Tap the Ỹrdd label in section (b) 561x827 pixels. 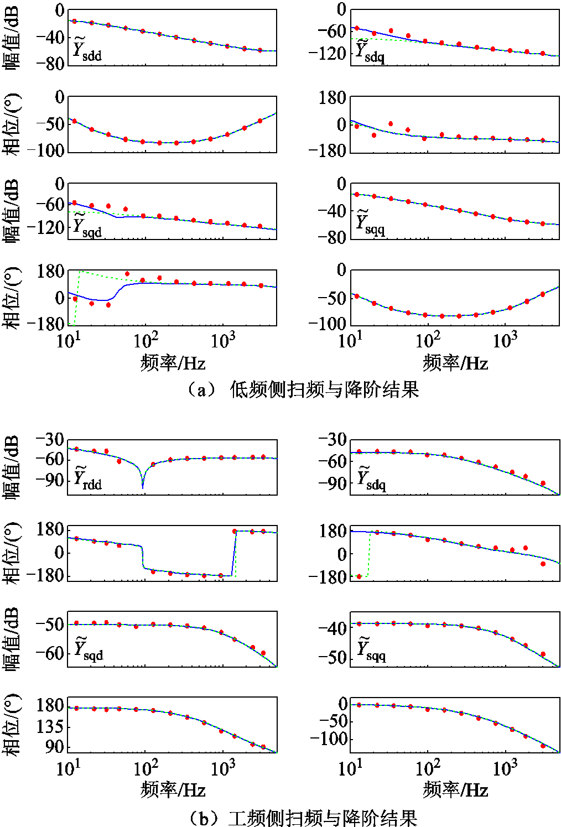87,479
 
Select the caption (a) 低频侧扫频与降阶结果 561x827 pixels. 302,390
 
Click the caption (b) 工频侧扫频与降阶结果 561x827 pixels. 302,818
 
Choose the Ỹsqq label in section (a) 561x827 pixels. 370,224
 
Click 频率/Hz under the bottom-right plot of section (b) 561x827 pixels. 455,789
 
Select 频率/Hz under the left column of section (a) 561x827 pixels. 173,363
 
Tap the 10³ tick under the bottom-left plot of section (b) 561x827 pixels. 223,768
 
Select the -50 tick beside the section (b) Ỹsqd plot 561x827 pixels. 49,625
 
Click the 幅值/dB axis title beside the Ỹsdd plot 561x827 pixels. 12,37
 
